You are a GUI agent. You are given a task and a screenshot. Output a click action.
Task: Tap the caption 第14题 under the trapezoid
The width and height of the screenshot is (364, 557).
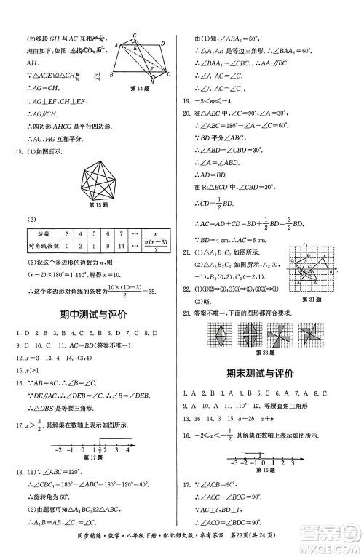point(139,88)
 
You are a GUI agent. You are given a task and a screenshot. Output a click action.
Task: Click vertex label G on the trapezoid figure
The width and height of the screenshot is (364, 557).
point(135,34)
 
